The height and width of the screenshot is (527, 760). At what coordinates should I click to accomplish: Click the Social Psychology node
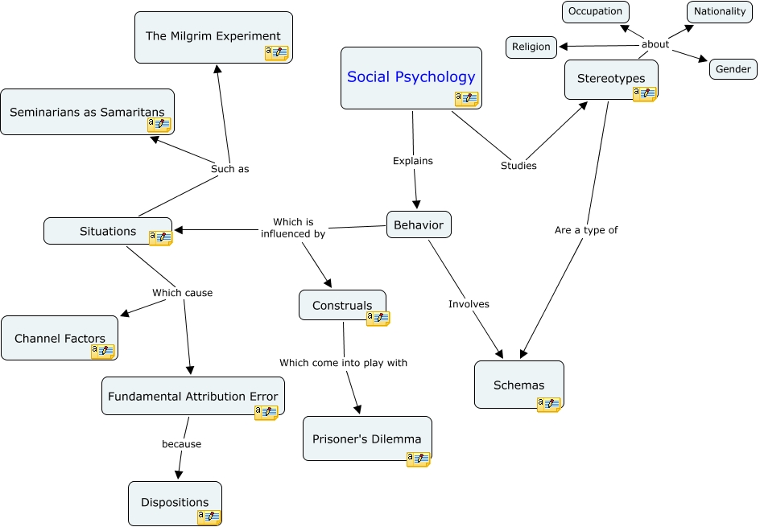point(411,77)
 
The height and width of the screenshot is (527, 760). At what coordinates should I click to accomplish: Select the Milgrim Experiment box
point(213,36)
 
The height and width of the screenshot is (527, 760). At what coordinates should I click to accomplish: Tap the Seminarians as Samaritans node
point(87,112)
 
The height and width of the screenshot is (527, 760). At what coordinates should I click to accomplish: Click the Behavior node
point(419,224)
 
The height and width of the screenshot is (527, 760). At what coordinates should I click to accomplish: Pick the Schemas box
point(518,385)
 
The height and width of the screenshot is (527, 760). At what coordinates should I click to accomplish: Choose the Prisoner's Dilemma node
point(367,438)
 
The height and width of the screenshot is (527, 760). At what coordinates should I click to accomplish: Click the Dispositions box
point(175,502)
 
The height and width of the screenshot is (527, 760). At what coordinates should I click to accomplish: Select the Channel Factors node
point(60,338)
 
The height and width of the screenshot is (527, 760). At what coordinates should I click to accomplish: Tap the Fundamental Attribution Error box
point(192,396)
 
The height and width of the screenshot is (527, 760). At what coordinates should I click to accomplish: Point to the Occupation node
point(595,11)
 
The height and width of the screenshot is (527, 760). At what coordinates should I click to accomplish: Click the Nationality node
point(720,11)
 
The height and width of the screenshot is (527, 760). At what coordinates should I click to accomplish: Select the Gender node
point(733,69)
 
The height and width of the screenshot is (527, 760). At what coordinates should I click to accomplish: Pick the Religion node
point(531,47)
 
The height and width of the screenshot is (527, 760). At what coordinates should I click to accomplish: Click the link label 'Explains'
point(413,161)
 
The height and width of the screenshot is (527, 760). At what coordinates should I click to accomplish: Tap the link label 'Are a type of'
point(586,230)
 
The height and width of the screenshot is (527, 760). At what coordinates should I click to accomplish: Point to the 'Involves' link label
point(469,304)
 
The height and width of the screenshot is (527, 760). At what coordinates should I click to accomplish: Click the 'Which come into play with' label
point(344,363)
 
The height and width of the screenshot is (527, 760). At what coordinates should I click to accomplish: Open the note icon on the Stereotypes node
point(645,94)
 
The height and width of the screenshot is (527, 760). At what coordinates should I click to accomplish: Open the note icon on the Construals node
point(378,319)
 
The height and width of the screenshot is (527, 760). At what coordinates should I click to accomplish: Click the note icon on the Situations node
point(160,237)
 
